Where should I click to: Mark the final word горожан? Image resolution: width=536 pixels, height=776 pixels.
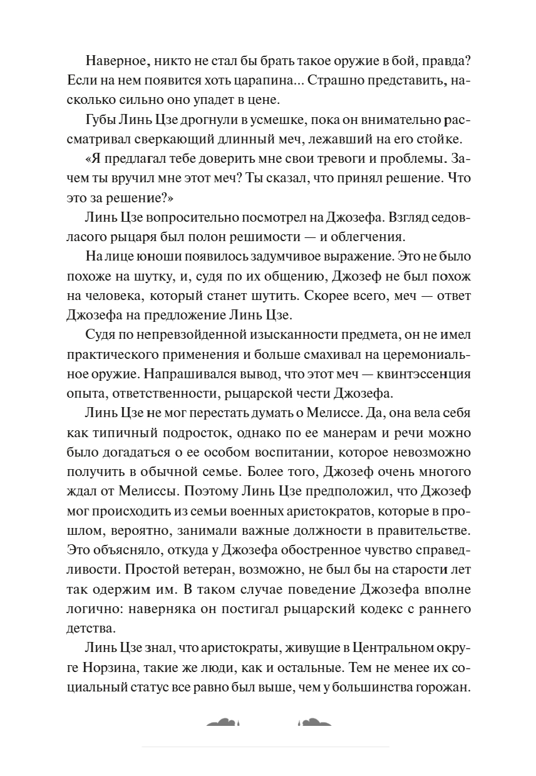click(x=443, y=687)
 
